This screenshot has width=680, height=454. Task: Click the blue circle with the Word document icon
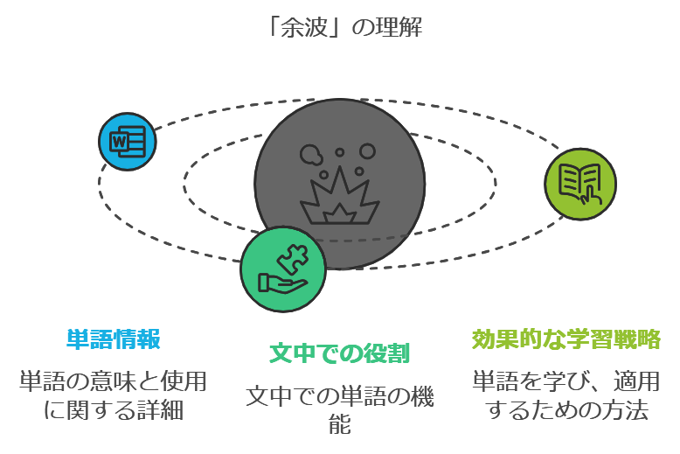[x=128, y=142]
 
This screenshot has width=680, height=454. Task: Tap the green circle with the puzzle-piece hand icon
[x=283, y=269]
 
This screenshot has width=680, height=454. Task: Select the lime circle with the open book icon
[x=580, y=184]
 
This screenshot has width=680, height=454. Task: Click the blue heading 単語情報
[x=114, y=339]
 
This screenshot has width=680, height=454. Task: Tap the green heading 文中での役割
[x=339, y=353]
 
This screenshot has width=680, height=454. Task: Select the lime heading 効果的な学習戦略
[x=566, y=339]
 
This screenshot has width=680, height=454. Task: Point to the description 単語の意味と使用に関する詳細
[x=114, y=395]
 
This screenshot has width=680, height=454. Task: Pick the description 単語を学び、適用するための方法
[x=566, y=395]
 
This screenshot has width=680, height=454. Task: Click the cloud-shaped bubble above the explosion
[x=310, y=155]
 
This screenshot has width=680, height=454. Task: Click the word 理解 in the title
[x=401, y=27]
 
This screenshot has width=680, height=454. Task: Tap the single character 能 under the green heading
[x=339, y=425]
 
